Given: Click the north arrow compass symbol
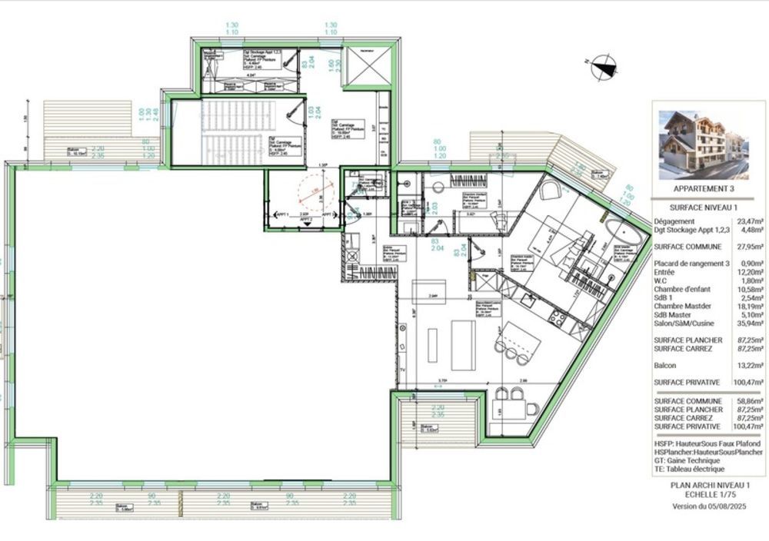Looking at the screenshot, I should tap(604, 66).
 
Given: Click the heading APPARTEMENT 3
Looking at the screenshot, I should tap(703, 188).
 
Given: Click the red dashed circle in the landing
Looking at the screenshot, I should tap(314, 195).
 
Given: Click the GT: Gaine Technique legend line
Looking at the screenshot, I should tap(691, 460).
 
